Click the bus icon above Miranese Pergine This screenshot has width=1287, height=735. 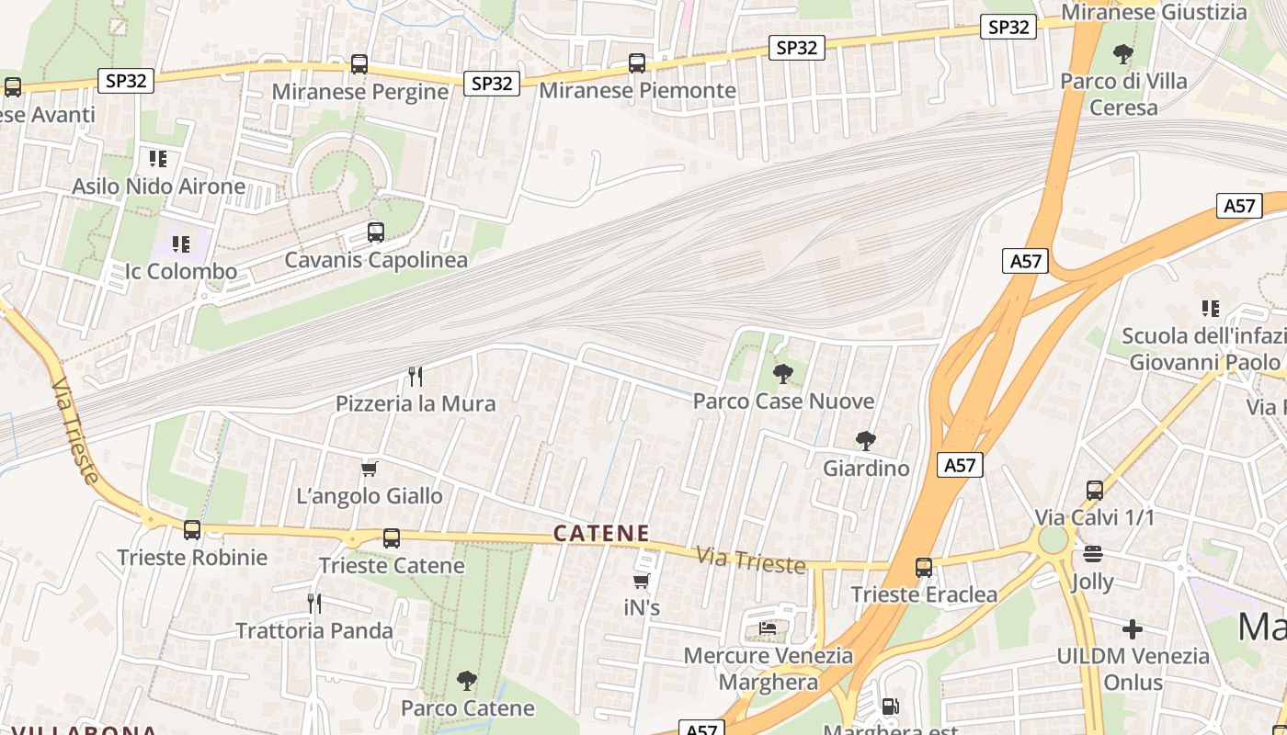tap(359, 64)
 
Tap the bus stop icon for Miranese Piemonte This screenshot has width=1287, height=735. tap(637, 63)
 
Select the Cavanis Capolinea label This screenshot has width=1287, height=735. tap(376, 260)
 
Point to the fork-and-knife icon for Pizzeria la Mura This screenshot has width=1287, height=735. tap(416, 376)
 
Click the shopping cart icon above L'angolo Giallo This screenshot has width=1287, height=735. tap(370, 469)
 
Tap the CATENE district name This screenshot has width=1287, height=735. tap(602, 533)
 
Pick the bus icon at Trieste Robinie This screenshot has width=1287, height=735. tap(192, 530)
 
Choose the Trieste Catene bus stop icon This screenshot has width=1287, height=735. tap(392, 538)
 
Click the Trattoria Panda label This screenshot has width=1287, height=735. tap(314, 631)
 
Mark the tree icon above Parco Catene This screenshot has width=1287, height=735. tap(467, 681)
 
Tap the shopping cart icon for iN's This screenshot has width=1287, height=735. tap(642, 581)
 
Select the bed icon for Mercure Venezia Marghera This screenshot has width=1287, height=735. tap(768, 628)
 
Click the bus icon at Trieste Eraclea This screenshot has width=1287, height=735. tap(924, 568)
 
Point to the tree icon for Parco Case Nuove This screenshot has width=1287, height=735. tap(783, 374)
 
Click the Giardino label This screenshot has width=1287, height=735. tap(866, 469)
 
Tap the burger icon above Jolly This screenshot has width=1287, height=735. tap(1093, 554)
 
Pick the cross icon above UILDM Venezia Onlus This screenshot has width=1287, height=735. tap(1133, 629)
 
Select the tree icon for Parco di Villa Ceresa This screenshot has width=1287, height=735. tap(1122, 54)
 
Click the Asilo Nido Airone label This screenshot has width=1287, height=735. tap(159, 187)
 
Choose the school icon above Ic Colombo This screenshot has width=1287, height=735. tap(181, 244)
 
